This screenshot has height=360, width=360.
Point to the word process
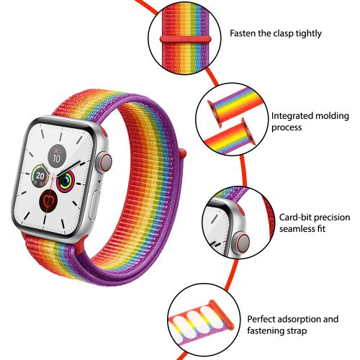pos(287,127)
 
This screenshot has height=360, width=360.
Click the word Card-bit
pos(295,217)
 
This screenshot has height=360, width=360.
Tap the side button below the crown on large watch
pos(94,204)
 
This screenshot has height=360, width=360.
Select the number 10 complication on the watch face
pos(57,156)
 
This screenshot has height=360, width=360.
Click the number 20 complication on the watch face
pos(40,176)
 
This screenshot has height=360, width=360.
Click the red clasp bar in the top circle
pos(186,39)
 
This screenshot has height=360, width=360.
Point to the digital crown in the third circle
pos(240,243)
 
